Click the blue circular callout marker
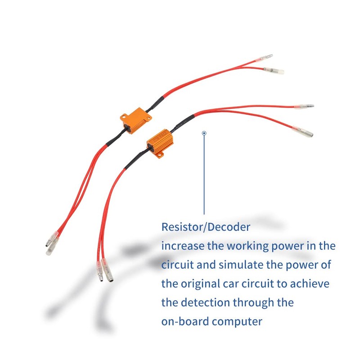204,133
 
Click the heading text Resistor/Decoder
205,227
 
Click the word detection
204,302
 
